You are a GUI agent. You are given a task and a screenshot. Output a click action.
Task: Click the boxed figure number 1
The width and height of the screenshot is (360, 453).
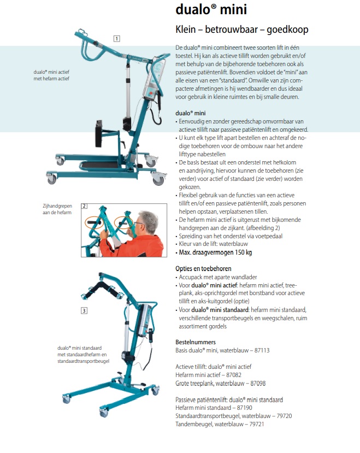point(116,38)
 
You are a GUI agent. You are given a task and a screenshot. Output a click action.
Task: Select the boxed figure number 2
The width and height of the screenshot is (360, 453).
point(85,207)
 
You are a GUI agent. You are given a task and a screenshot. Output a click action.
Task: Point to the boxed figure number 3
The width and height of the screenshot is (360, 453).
point(84,311)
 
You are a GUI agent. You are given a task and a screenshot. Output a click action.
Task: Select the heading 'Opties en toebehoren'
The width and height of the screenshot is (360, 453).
point(203,269)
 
